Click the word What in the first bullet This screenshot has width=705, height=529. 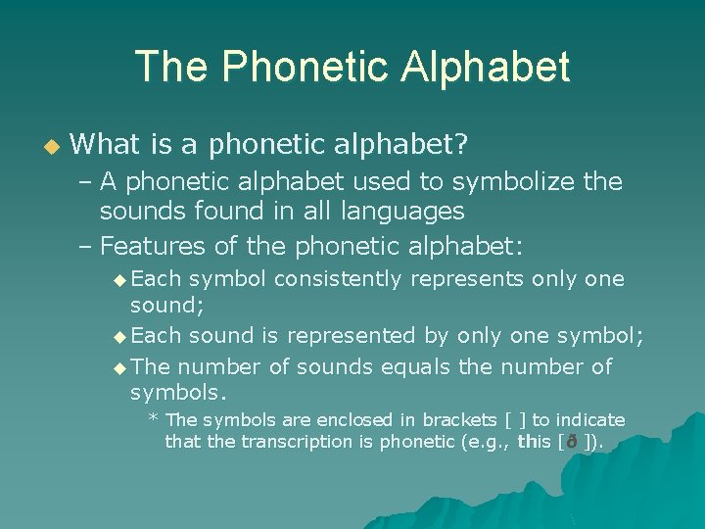(107, 146)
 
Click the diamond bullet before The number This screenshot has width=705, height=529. (119, 368)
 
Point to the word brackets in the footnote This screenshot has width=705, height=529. (450, 420)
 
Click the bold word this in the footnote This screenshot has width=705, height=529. (535, 442)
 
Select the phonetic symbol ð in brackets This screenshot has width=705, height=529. (572, 442)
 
